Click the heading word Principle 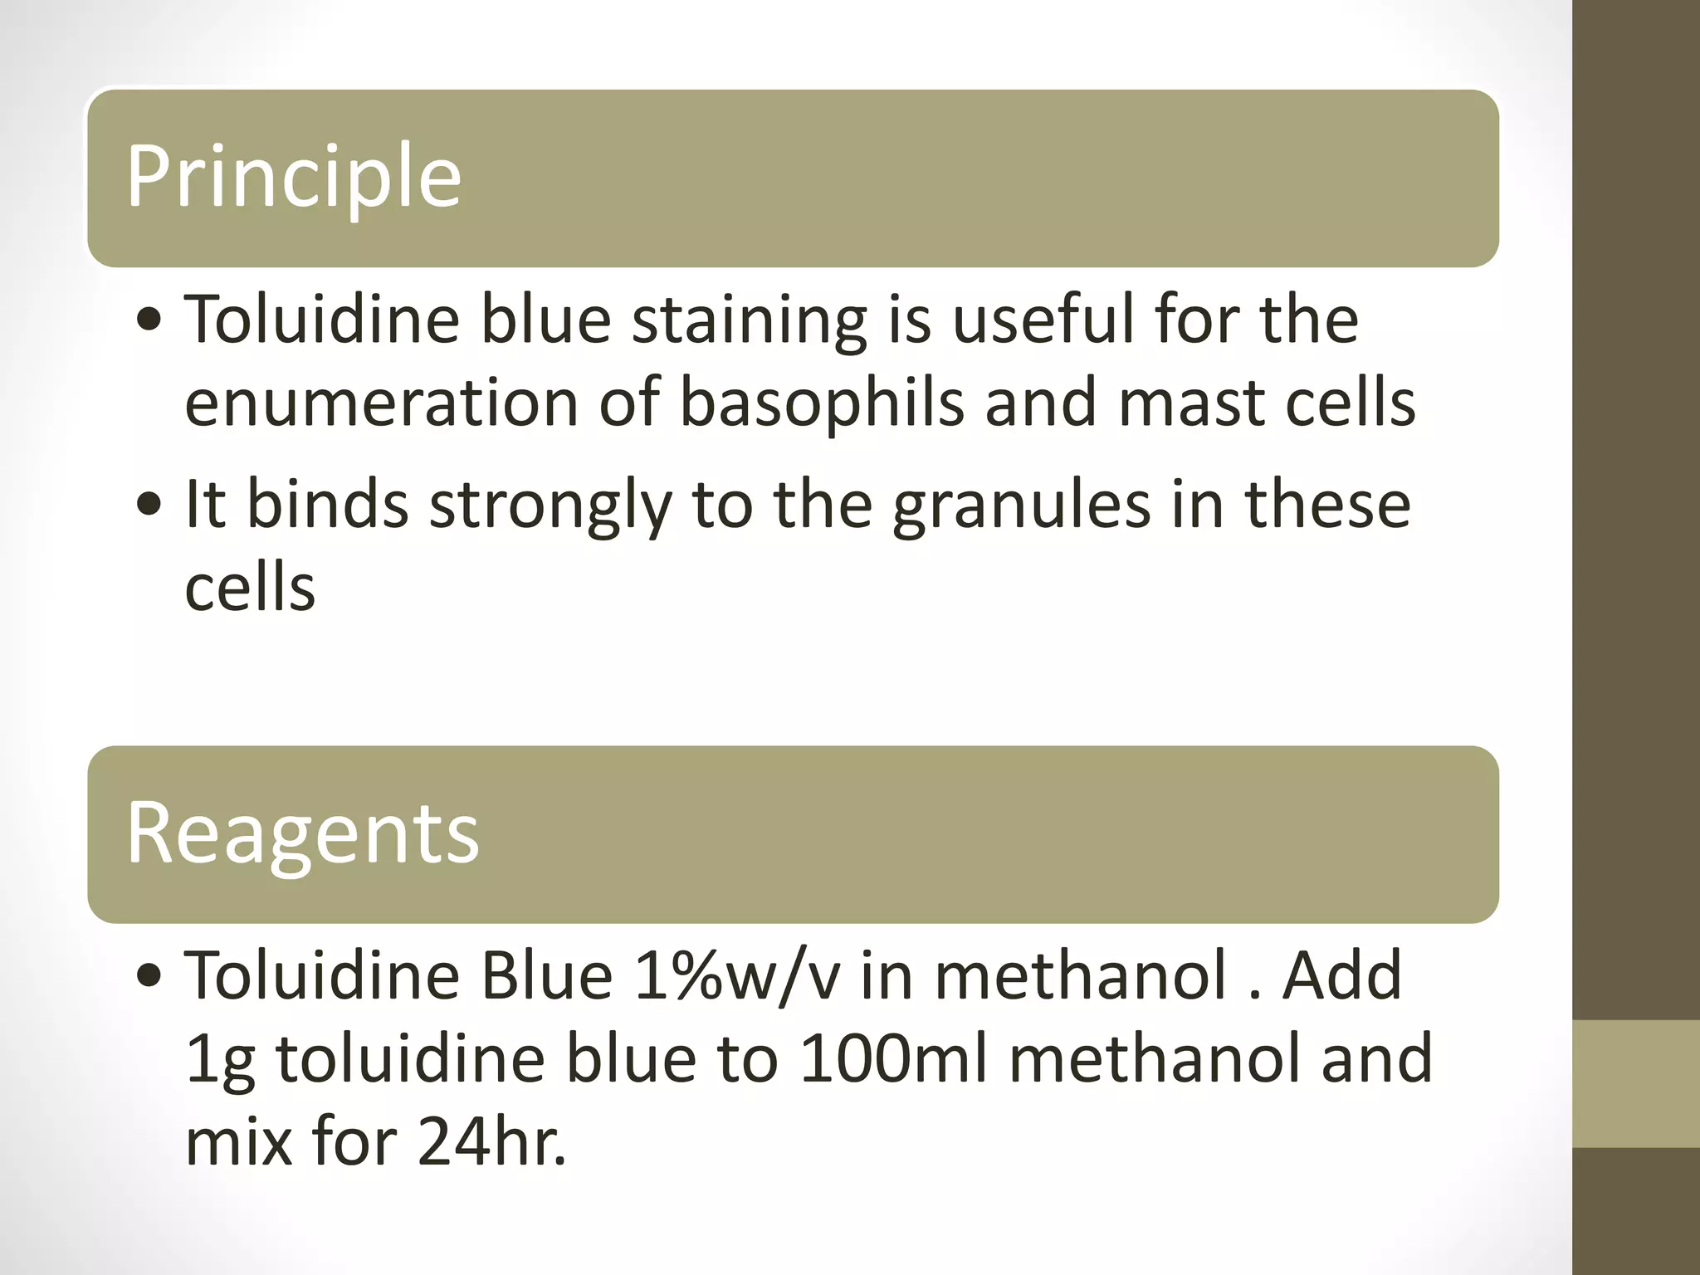(x=293, y=177)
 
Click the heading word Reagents (x=302, y=833)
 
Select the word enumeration (x=381, y=403)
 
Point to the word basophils (x=822, y=403)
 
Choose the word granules (x=1022, y=506)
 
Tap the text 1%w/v (x=735, y=976)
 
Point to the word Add (x=1342, y=976)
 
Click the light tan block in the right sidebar (x=1636, y=1083)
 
